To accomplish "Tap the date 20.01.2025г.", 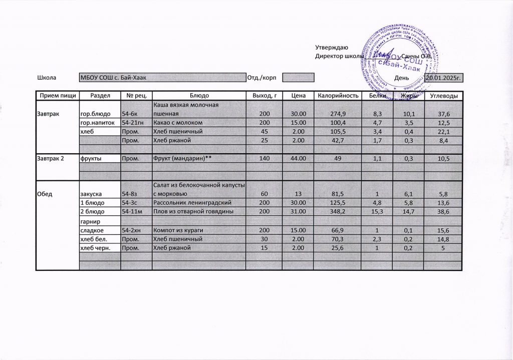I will [443, 78].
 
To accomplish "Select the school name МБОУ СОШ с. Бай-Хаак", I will [113, 78].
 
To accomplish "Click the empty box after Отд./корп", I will [298, 78].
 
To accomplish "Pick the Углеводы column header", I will [443, 95].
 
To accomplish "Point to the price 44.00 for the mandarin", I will [298, 158].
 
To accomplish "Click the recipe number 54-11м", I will [131, 212].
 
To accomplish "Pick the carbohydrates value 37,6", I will [443, 115].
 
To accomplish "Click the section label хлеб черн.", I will [95, 248].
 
